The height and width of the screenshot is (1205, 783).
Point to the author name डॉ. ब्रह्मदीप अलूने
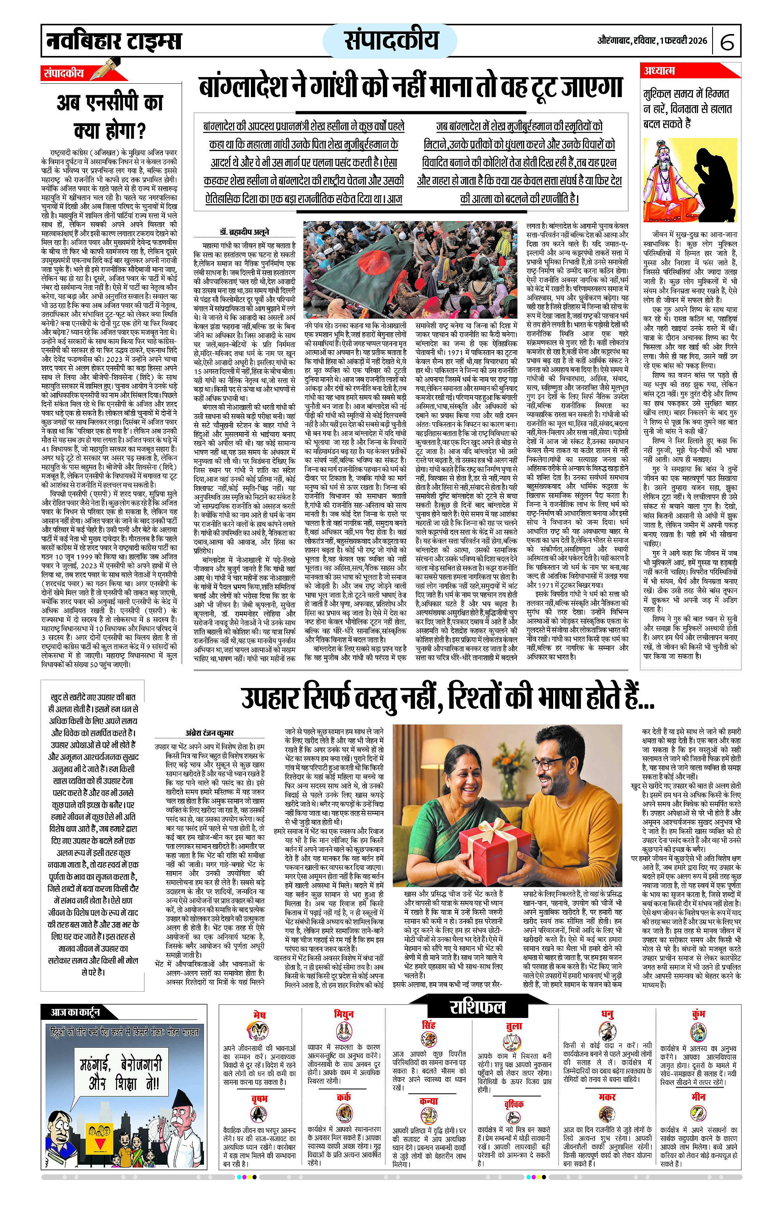point(244,232)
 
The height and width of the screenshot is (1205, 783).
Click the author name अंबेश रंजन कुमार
point(209,733)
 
